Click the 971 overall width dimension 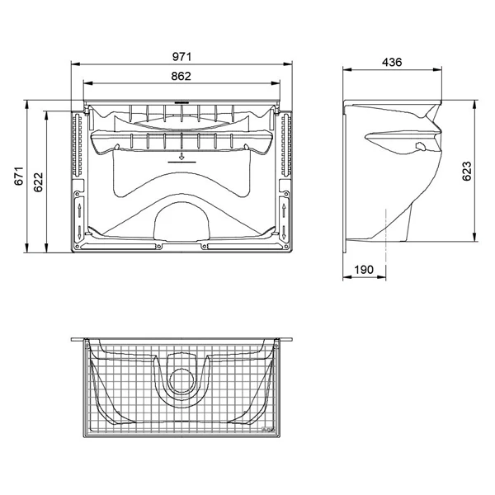coord(181,56)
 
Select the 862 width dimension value coord(181,76)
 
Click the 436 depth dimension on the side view coord(393,64)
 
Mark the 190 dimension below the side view coord(364,269)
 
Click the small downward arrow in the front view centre coord(181,154)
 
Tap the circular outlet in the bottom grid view coord(181,380)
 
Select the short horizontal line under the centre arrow coord(181,163)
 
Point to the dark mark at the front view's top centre coord(181,106)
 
